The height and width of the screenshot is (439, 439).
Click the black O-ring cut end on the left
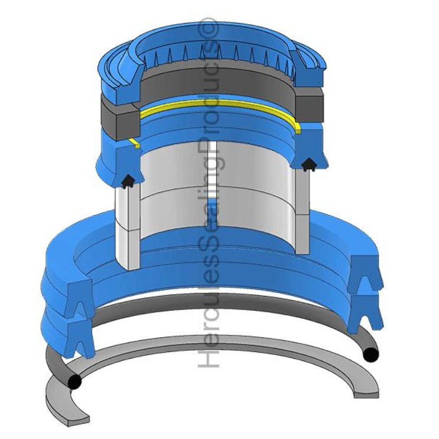(x=74, y=382)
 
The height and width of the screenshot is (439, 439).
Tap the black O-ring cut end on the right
(x=371, y=354)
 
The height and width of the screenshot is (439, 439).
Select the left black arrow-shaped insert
(x=128, y=181)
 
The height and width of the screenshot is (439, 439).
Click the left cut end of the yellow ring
(x=135, y=143)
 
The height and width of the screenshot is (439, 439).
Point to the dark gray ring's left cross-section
(x=121, y=121)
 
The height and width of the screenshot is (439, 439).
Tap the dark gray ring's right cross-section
(x=310, y=106)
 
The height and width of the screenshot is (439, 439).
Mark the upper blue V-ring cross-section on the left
(x=80, y=298)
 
